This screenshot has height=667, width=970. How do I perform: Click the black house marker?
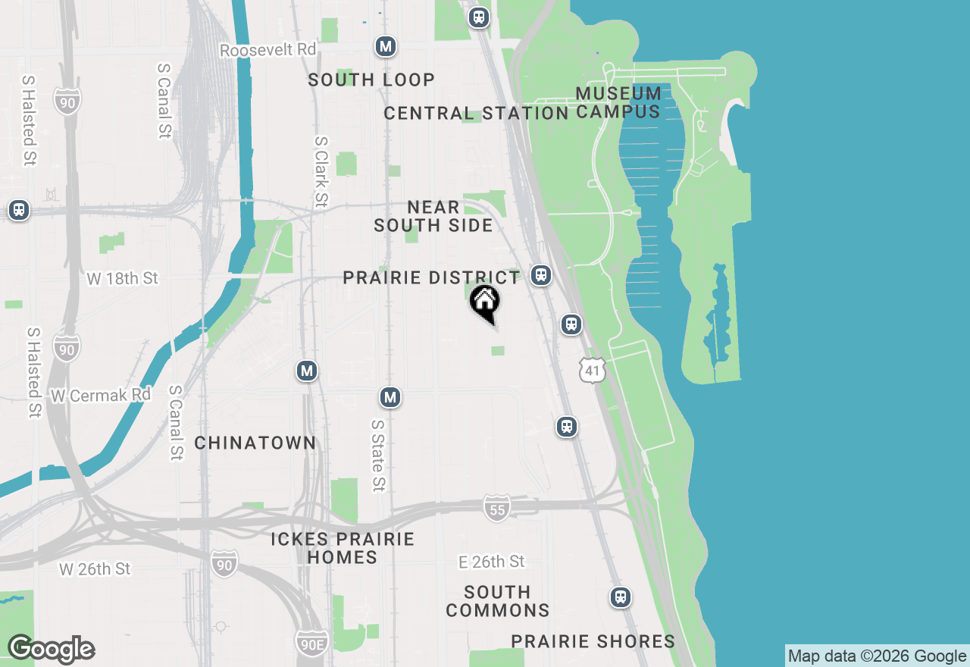point(484,303)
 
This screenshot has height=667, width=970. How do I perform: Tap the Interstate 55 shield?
point(496,509)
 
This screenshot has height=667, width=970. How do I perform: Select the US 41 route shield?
point(593,371)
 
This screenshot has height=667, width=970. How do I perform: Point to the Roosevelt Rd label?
point(268,50)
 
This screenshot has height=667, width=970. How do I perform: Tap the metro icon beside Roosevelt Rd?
point(386,46)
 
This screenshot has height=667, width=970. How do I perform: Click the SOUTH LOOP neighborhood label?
point(371,80)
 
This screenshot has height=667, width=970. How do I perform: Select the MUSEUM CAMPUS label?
point(618,102)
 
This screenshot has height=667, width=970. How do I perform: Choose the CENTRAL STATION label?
point(476,114)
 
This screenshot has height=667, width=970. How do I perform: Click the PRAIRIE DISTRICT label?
point(431,277)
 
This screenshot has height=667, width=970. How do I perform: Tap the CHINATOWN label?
point(255,443)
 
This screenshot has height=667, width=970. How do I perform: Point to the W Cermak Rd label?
point(101,396)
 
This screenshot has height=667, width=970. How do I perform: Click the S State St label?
point(377,456)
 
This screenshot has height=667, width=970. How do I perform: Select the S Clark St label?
point(321,171)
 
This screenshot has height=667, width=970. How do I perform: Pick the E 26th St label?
point(492,562)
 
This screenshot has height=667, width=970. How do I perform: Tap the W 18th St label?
point(122,278)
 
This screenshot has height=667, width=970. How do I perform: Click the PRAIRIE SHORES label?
point(593,641)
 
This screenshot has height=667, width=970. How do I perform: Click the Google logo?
point(51,650)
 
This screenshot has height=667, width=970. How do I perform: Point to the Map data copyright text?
point(877,656)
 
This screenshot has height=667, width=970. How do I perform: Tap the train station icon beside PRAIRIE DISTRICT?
point(540,274)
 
